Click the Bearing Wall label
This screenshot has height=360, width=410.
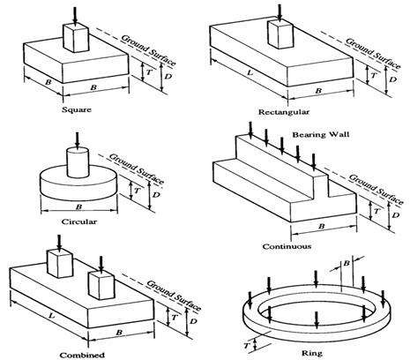(310, 132)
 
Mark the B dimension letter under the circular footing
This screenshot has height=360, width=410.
(77, 209)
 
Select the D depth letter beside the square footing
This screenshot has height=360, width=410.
(157, 80)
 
